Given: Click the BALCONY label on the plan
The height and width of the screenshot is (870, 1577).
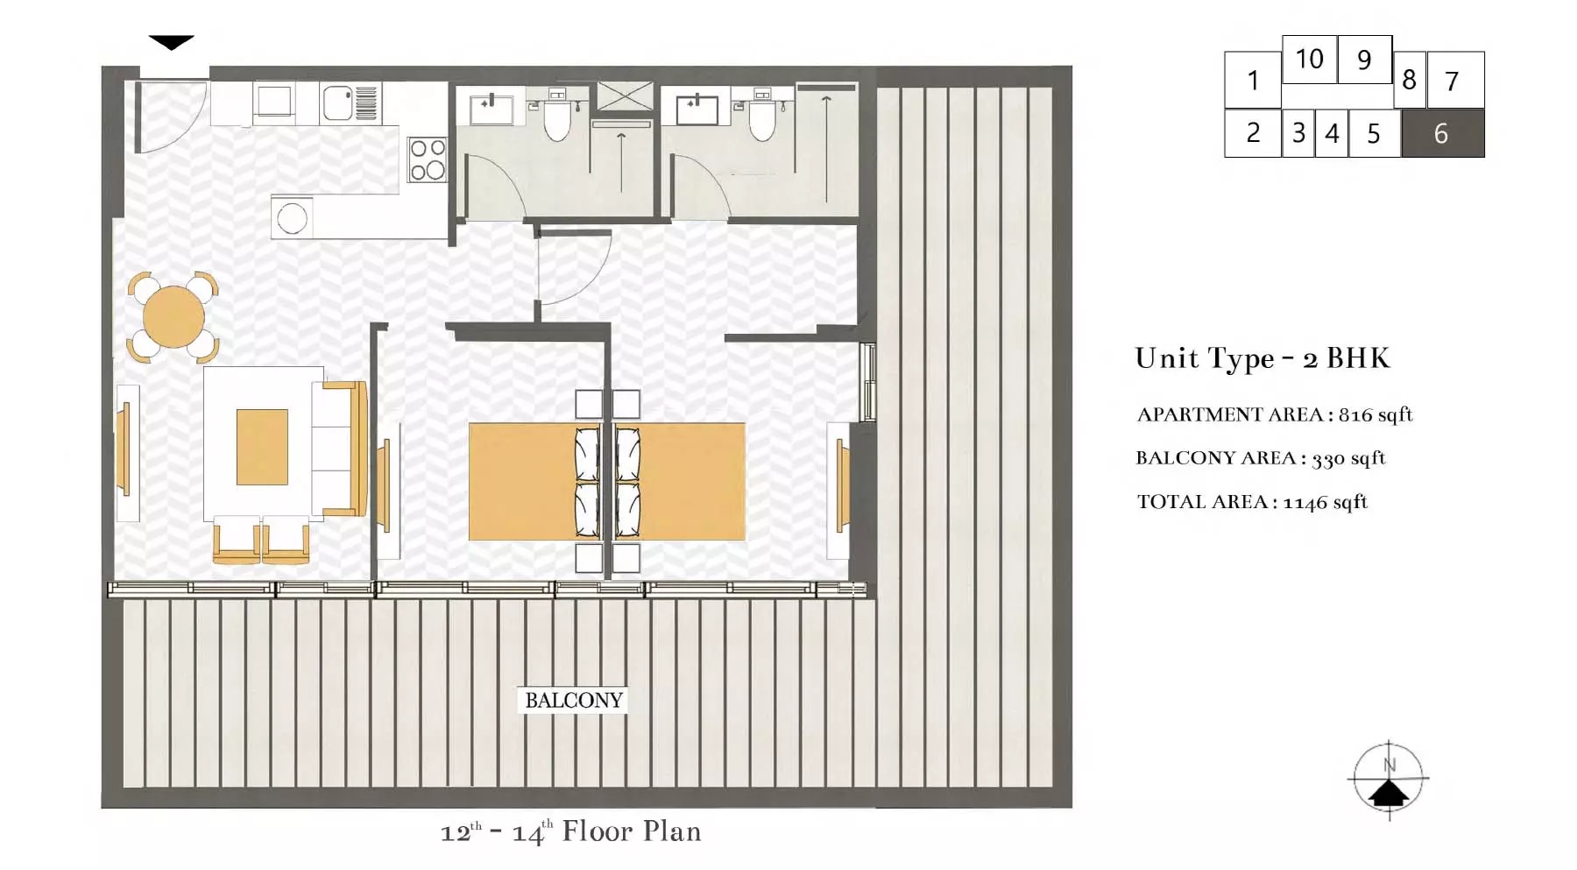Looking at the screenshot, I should [x=574, y=700].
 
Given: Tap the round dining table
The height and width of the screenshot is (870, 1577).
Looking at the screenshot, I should [x=173, y=316].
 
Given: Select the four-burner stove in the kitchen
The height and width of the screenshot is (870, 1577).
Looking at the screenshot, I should [x=428, y=160].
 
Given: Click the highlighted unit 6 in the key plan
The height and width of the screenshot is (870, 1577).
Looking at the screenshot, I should [x=1442, y=133].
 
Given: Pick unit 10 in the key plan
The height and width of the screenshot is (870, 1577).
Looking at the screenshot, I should [x=1309, y=60].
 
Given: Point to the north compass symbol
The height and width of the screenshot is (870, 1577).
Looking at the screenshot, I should [x=1389, y=779].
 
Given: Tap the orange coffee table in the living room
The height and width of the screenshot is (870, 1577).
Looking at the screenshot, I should [x=262, y=447].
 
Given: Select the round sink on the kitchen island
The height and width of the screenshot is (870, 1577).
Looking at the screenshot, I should [x=293, y=218].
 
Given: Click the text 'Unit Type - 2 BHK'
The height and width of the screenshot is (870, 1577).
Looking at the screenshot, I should [x=1262, y=358].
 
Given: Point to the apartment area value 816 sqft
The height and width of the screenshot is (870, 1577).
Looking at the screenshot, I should [x=1375, y=414].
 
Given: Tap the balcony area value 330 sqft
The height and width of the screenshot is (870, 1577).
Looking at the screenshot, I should [x=1347, y=458].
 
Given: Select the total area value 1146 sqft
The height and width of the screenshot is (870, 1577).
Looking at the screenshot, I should [x=1325, y=502].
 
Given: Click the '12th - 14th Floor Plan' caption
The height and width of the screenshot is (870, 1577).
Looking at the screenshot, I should [x=570, y=831].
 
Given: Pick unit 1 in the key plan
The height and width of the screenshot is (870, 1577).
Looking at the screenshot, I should [x=1253, y=81].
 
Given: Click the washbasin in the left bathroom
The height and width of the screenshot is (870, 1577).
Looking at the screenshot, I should [x=491, y=110].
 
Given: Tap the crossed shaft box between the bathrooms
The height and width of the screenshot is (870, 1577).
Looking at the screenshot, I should [x=625, y=95].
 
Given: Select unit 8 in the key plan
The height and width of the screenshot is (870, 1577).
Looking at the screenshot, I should [x=1409, y=81].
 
